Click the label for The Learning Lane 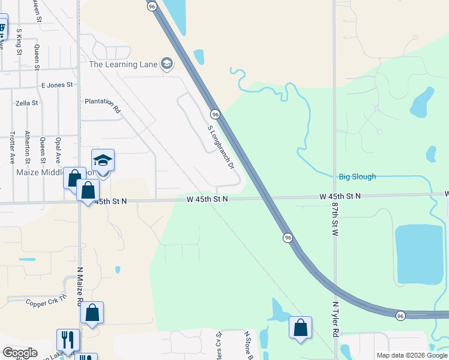[122, 64]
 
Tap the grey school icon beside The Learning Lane [167, 64]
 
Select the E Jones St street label [56, 85]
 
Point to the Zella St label [27, 103]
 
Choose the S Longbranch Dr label [220, 146]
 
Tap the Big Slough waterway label [357, 176]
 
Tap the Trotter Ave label [12, 148]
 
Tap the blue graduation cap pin [103, 160]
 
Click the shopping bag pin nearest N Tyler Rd [300, 328]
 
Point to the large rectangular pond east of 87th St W [418, 254]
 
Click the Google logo [20, 353]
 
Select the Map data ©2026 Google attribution [411, 355]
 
